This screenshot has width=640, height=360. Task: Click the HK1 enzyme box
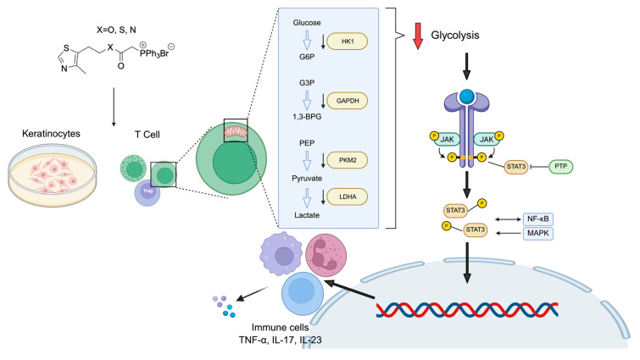coord(348,42)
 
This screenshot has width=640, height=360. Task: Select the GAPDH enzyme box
coord(348,101)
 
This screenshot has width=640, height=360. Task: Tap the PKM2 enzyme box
coord(348,160)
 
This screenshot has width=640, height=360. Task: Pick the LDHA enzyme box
coord(348,197)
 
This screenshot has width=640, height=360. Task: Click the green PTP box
coord(561,166)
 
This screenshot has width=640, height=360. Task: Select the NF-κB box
coord(538,219)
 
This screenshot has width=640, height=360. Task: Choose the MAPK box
coord(538,234)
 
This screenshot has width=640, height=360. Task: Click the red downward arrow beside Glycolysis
coord(418,36)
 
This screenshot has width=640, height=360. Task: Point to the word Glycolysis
coord(455,35)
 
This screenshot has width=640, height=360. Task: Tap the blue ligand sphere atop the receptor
coord(466,97)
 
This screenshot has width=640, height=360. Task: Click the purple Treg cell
coord(147,193)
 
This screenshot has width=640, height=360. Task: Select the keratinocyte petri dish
coord(53,174)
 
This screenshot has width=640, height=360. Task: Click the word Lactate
coord(307,215)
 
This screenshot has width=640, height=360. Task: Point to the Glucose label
coord(307,23)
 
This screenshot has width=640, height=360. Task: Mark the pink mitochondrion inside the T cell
coord(236,132)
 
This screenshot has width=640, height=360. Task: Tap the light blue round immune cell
coord(303,294)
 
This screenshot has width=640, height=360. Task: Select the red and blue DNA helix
coord(466,310)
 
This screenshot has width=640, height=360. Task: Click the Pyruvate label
coord(307,178)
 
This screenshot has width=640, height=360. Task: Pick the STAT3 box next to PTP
coord(516,167)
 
